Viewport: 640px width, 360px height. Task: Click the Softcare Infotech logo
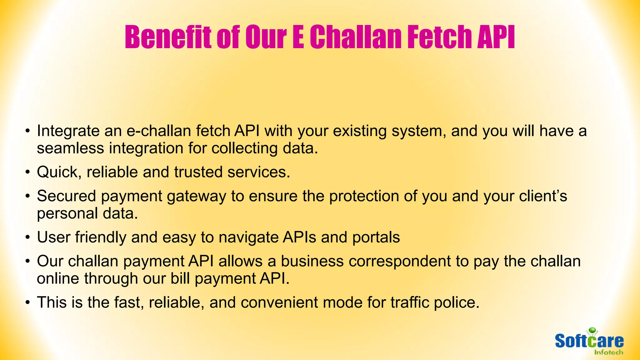click(x=589, y=342)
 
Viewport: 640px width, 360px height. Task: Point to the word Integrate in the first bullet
click(x=68, y=131)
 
